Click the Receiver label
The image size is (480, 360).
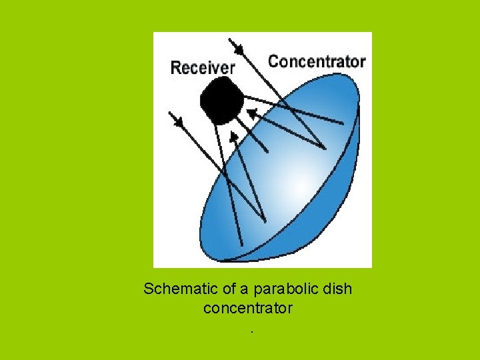203,67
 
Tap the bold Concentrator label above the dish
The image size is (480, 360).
317,62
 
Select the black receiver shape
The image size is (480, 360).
221,101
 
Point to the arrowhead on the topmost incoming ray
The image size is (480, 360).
237,47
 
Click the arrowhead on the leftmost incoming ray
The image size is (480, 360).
177,120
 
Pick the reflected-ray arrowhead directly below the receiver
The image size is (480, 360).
233,137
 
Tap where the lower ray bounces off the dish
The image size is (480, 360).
264,221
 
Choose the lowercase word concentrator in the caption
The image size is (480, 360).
247,309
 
